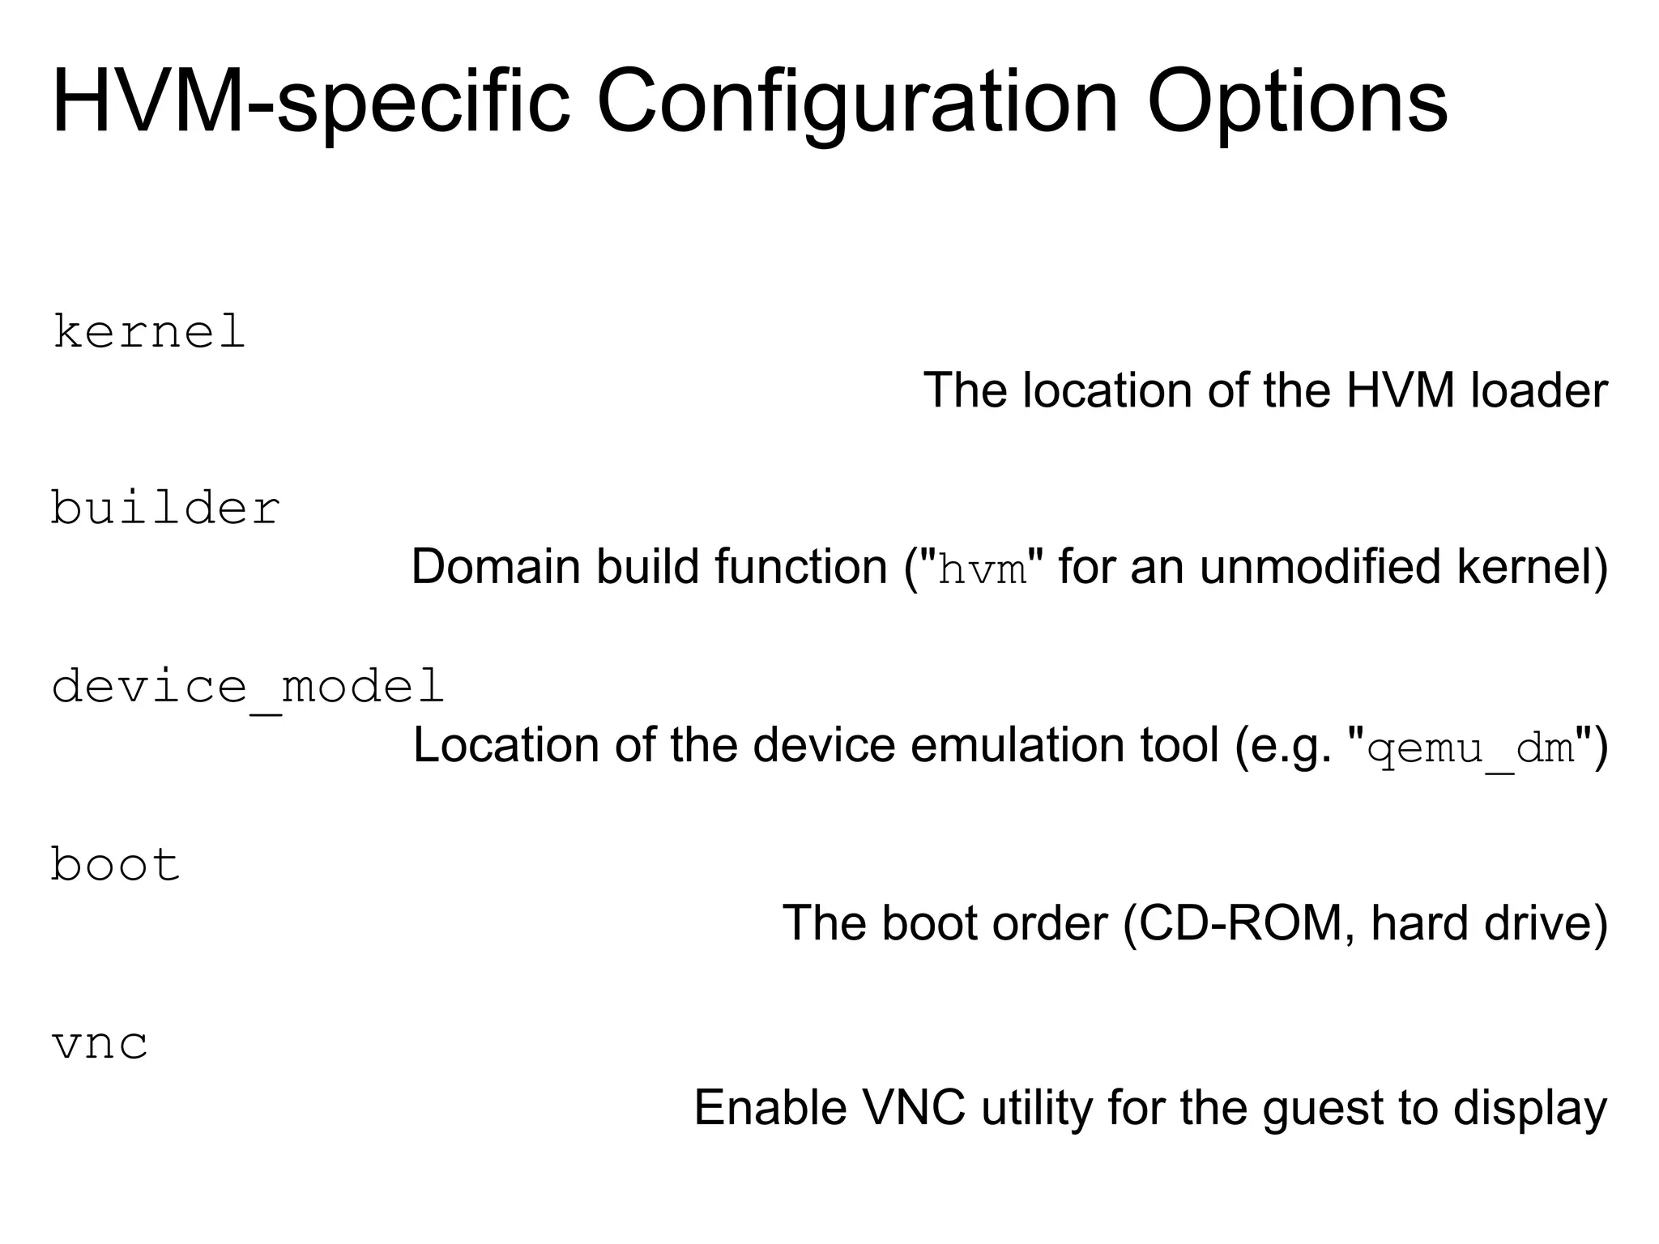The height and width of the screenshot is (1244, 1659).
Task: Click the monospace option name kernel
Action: tap(149, 332)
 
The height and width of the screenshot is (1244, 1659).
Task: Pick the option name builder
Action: tap(166, 509)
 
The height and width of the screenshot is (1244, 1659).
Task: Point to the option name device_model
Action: tap(248, 687)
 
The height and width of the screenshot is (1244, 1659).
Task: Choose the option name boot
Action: tap(116, 864)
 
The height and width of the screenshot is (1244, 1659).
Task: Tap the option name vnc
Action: tap(100, 1043)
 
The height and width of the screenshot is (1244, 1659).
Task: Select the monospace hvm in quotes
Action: tap(982, 570)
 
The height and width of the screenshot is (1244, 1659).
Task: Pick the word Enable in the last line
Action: tap(770, 1108)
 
